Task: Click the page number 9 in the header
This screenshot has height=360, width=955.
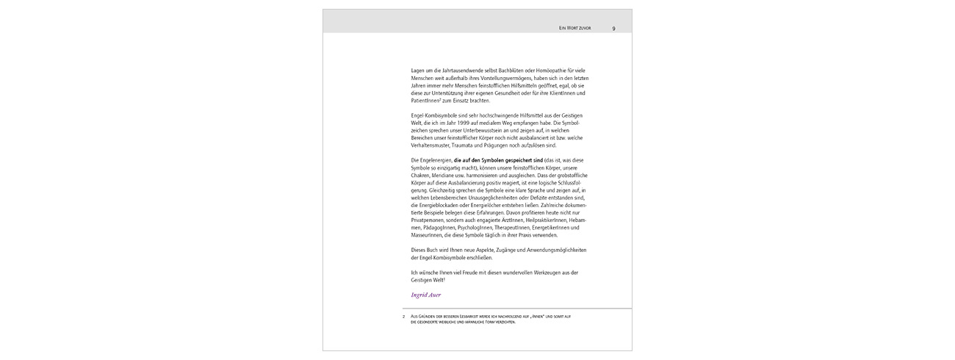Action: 613,28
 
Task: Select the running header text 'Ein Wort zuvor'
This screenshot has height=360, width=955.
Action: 575,28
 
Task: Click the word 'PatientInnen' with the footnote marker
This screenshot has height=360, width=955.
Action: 427,101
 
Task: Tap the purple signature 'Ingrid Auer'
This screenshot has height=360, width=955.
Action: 426,295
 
